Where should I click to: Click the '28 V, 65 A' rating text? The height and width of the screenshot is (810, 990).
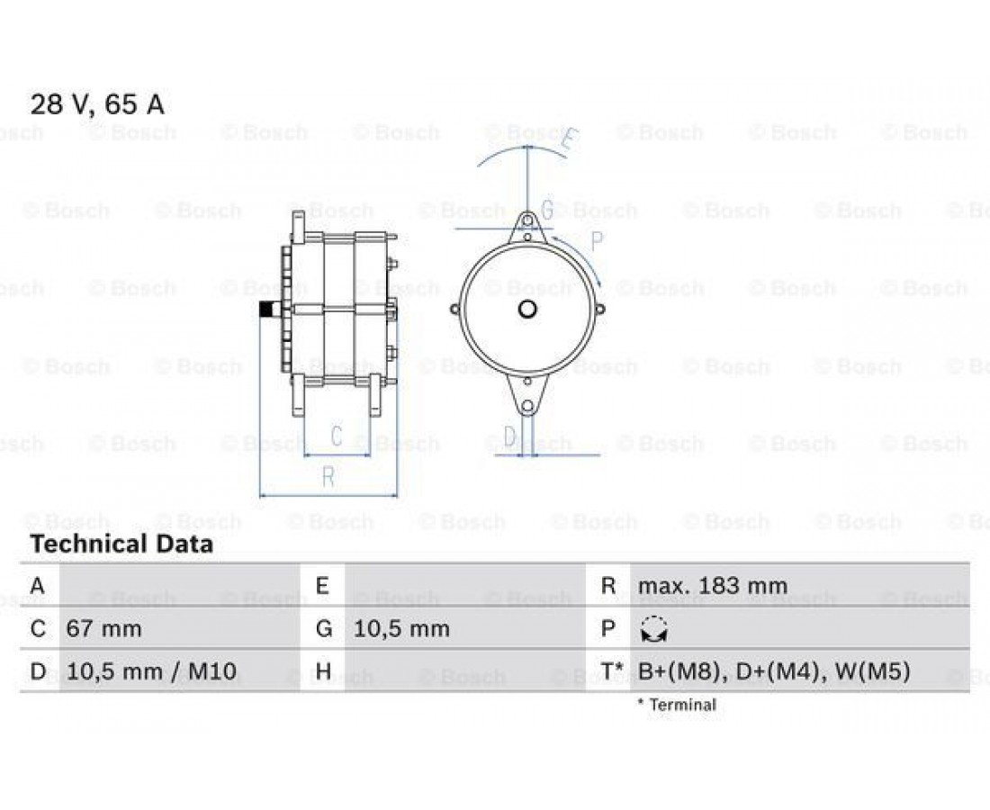[97, 104]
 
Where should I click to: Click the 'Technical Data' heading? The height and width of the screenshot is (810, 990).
[121, 544]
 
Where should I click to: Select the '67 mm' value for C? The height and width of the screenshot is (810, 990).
[103, 629]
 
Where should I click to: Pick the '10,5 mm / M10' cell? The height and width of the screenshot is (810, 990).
[151, 671]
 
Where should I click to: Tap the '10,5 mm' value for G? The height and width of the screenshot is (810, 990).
[400, 629]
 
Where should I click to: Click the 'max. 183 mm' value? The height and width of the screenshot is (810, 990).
[713, 586]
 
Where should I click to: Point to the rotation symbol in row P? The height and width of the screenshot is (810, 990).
[654, 629]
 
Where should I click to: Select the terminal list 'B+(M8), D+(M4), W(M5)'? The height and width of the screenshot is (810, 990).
[774, 671]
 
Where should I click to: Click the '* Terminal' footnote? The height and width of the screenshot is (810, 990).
[677, 705]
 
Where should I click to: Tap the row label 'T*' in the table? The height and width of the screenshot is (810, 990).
[610, 670]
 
